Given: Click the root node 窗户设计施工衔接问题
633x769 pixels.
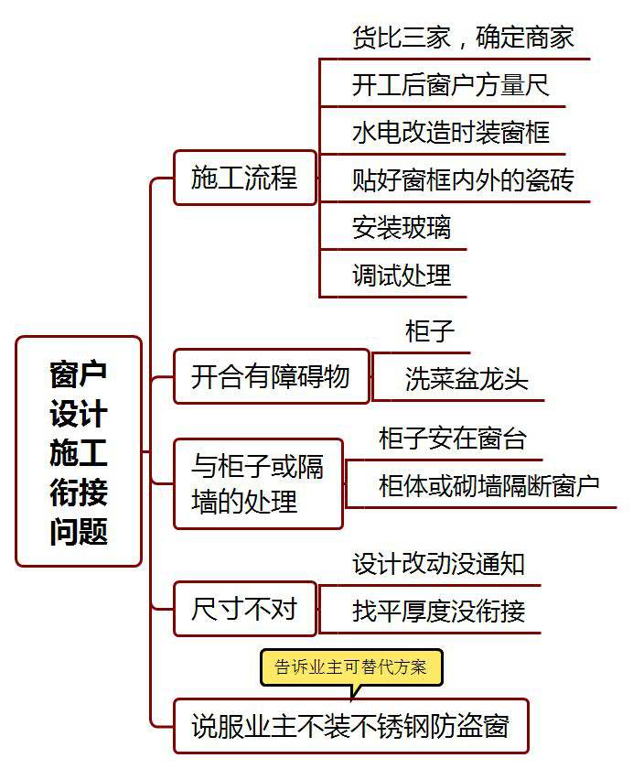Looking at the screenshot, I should (x=79, y=451).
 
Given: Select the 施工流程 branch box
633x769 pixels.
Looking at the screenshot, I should (x=244, y=178).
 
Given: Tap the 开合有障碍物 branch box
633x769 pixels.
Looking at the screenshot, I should (x=271, y=376).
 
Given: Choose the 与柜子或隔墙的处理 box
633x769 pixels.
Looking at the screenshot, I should (x=258, y=484).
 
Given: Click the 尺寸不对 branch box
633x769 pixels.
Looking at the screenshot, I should (x=244, y=609).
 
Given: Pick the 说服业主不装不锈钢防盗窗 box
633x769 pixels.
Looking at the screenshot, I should (x=350, y=727).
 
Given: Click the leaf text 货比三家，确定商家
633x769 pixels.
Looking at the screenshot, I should (x=463, y=38).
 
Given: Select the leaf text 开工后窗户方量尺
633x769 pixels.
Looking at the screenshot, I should (x=450, y=85).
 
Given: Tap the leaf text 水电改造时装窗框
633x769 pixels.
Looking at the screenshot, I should (x=450, y=133).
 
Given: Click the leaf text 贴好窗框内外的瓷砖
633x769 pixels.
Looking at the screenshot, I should (x=463, y=180).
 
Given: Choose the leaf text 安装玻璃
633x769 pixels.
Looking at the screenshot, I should (x=401, y=227).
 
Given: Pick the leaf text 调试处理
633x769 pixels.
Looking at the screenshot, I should (x=401, y=275).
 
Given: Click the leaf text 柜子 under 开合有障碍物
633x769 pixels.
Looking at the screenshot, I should (x=429, y=331).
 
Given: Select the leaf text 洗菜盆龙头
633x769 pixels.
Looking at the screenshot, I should (x=467, y=380).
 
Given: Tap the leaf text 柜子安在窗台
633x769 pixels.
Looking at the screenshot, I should (x=453, y=439).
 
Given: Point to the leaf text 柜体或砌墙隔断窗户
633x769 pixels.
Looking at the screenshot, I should (x=488, y=486).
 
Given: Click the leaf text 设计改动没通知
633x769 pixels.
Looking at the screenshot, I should (x=438, y=564).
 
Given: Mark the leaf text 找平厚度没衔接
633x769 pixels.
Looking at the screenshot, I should (x=438, y=612).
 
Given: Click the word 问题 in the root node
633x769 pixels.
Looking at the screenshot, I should (x=79, y=530).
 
